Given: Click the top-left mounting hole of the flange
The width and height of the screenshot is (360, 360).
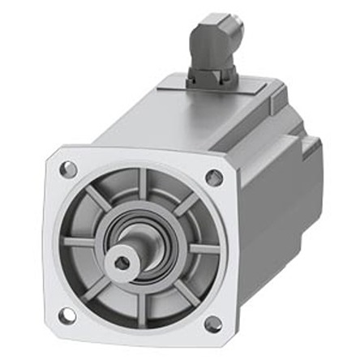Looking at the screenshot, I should coord(69,169).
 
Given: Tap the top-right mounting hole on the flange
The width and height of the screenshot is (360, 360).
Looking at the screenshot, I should coord(214,178).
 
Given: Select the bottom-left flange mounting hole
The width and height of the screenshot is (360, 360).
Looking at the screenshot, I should coord(67,315).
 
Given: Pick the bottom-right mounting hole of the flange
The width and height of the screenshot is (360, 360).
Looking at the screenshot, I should coord(212,324).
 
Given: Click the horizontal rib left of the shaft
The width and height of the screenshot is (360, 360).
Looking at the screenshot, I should coord(81,242).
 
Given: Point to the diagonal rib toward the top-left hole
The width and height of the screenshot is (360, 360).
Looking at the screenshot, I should coord(96,197).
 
